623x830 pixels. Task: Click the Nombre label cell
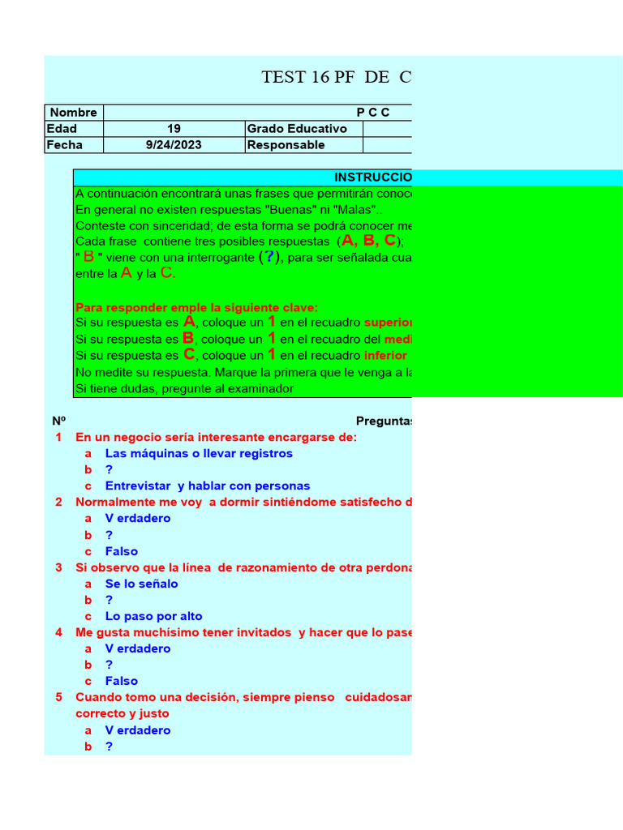74,113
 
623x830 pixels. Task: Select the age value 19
174,129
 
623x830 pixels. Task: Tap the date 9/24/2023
174,145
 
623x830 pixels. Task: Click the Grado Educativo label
297,129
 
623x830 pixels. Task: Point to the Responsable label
286,145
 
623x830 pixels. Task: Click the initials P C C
373,113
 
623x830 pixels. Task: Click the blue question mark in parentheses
270,257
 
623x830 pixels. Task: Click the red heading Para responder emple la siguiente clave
197,307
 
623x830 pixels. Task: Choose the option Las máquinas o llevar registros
199,453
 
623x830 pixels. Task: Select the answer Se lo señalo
141,584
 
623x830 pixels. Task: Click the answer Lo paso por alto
153,616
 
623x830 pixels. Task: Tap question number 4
58,632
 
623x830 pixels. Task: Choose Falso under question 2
121,551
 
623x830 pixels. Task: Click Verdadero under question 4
138,648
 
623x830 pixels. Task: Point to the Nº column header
58,421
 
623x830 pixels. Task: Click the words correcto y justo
122,714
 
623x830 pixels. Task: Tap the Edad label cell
62,129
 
